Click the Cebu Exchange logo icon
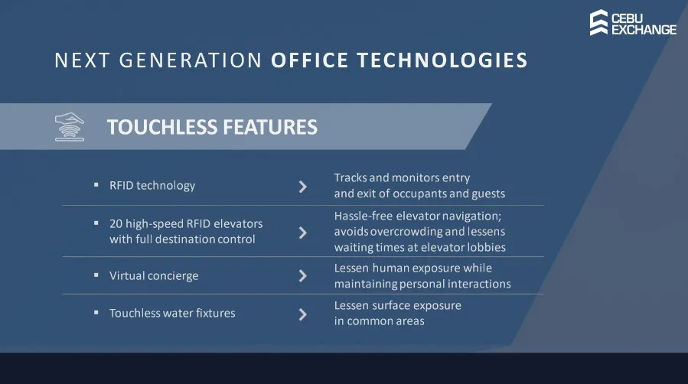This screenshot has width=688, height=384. click(x=599, y=22)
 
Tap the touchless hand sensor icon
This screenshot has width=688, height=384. click(x=70, y=127)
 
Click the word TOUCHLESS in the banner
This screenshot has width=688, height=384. click(x=162, y=127)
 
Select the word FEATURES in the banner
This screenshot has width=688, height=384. click(x=270, y=127)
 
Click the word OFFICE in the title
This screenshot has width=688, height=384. click(x=309, y=60)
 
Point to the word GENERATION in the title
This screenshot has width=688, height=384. click(x=191, y=60)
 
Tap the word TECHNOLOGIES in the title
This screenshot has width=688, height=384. click(x=442, y=60)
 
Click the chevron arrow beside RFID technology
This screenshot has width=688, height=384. click(x=303, y=187)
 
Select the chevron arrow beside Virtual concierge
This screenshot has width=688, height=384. click(x=303, y=275)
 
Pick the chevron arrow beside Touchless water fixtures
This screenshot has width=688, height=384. click(x=303, y=314)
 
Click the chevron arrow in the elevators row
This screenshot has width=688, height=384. click(x=303, y=233)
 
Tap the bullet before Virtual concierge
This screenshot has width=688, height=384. click(x=96, y=275)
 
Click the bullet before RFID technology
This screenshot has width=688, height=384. click(x=96, y=185)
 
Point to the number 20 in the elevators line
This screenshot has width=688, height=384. click(x=116, y=223)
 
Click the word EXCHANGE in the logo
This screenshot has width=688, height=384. click(x=644, y=30)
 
